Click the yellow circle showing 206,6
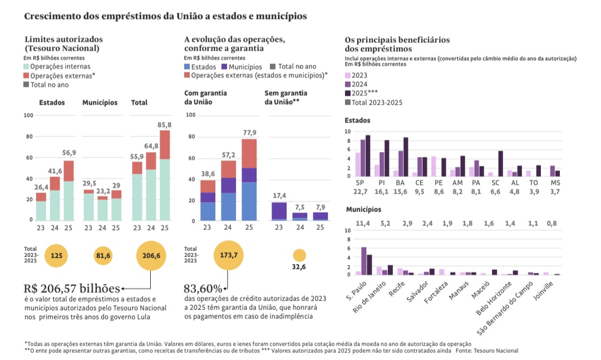[151, 256]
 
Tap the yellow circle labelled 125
[56, 256]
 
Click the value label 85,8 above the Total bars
[165, 124]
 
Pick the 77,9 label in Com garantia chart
[249, 132]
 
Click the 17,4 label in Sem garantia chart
[279, 195]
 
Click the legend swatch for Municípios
[224, 67]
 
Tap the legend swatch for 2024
[348, 85]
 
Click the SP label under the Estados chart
[359, 183]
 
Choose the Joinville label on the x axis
[546, 289]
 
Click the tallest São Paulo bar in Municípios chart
[364, 261]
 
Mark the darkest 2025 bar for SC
[500, 164]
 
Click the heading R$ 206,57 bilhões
[72, 288]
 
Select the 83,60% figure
[203, 288]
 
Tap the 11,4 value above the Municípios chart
[363, 223]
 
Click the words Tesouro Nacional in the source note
[497, 351]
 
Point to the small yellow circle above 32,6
[299, 256]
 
